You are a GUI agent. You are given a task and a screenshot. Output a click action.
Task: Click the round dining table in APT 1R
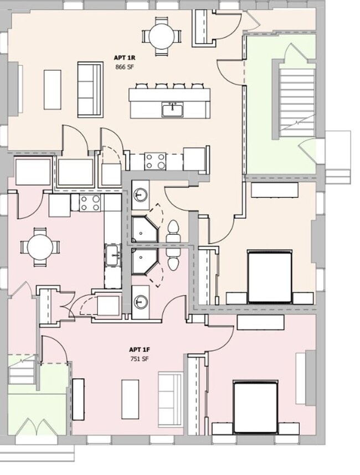tap(162, 37)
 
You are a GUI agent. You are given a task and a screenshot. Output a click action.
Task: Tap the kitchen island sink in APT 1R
tap(171, 109)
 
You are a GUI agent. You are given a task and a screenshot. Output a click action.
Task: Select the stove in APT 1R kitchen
tap(155, 161)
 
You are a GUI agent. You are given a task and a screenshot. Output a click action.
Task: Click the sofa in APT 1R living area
tap(90, 90)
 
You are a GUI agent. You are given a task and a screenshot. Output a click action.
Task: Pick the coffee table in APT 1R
tap(53, 89)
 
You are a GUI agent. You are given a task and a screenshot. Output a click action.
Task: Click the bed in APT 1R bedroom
tap(269, 277)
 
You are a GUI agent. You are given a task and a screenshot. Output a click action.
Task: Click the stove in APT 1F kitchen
tap(89, 203)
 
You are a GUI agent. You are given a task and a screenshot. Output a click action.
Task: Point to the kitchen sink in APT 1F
tap(113, 255)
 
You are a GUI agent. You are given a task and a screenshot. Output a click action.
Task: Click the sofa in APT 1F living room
tap(170, 399)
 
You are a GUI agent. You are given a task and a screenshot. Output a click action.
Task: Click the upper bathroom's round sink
tap(141, 195)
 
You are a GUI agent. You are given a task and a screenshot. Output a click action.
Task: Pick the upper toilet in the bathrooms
tap(173, 231)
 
